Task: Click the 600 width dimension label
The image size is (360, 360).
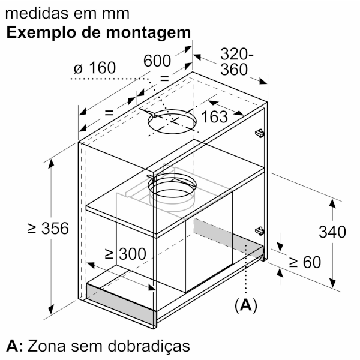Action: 157,61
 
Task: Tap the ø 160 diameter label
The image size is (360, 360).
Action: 95,68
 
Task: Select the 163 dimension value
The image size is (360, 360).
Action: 214,116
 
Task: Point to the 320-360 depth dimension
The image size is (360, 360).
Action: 237,62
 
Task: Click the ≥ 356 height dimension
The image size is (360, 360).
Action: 48,228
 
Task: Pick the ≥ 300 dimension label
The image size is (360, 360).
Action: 125,254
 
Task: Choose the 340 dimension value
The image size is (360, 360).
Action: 332,232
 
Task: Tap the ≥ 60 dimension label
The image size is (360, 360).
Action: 305,262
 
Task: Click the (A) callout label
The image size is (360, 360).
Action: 245,305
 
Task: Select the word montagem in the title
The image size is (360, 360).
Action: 148,32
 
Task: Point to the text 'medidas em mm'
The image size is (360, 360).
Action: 67,13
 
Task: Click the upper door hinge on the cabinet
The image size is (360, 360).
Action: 259,133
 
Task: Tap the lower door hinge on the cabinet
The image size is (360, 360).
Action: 259,231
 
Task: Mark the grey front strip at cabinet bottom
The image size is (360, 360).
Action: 121,304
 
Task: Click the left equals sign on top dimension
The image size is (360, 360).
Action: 109,113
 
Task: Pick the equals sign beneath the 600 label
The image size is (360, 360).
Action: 164,79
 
